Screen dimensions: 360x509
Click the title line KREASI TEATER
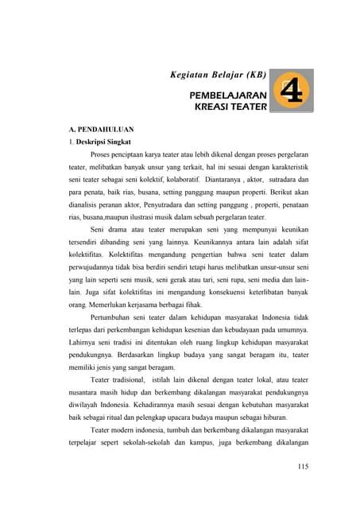click(x=230, y=105)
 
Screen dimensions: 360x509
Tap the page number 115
click(x=301, y=466)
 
